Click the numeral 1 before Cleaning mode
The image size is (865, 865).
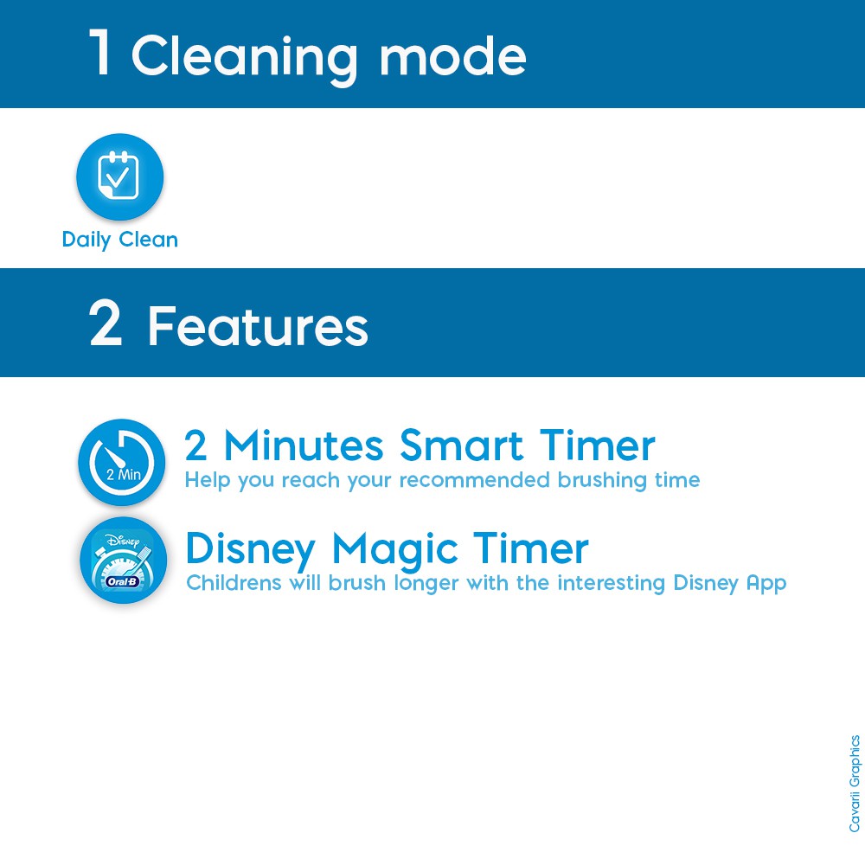[x=100, y=52]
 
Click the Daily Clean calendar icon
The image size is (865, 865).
[x=119, y=176]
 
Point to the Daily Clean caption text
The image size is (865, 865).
[x=119, y=240]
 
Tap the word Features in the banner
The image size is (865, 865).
[x=258, y=326]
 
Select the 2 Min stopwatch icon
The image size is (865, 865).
[x=121, y=462]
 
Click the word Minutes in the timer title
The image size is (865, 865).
[x=304, y=445]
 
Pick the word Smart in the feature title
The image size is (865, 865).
[x=461, y=445]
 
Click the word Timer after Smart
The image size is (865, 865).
[x=598, y=445]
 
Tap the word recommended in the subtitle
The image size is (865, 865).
[x=474, y=480]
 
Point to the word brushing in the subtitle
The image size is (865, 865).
[x=602, y=480]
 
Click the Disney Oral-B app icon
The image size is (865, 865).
[x=123, y=560]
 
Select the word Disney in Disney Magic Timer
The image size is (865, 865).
[x=251, y=550]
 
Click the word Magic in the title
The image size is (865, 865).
[x=394, y=550]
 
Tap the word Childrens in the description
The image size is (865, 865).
[x=234, y=582]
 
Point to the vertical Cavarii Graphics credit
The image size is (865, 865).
[x=855, y=784]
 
